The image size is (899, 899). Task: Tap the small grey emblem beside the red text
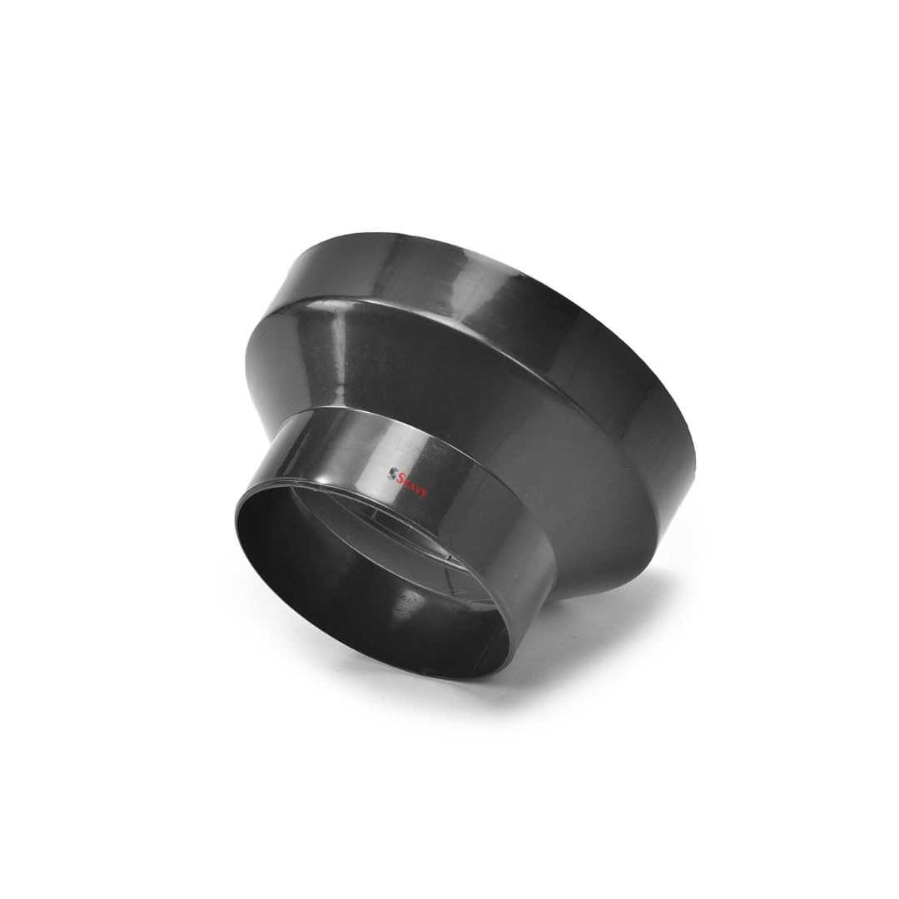(392, 471)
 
